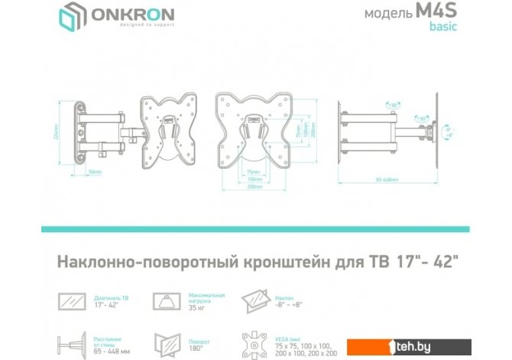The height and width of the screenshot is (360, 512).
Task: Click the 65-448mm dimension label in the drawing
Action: [391, 180]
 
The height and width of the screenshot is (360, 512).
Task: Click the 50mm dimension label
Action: [95, 172]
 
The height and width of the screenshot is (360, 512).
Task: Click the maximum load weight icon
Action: [164, 300]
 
